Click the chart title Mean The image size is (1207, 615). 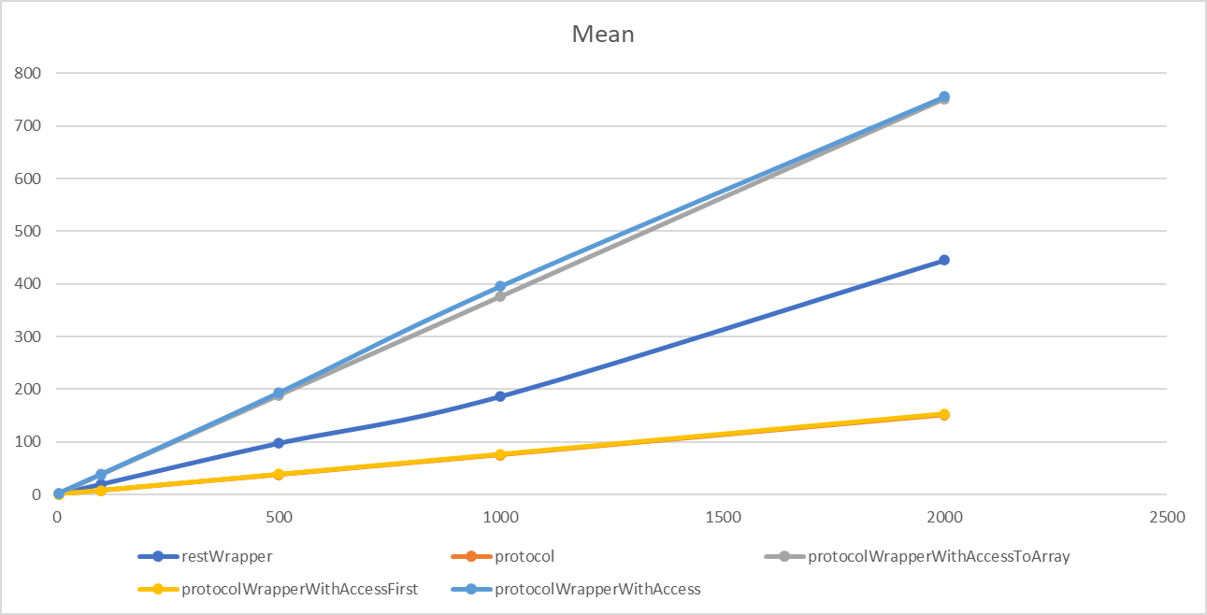[603, 36]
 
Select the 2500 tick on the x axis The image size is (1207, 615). [1166, 517]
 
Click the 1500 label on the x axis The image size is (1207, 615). [723, 517]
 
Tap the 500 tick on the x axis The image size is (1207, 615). [279, 517]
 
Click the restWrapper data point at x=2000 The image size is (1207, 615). [943, 260]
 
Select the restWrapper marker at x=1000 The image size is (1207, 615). [500, 396]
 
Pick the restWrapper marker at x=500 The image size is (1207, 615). [279, 443]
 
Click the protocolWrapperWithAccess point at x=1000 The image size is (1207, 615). [500, 286]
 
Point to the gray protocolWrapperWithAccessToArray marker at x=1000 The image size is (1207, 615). [500, 296]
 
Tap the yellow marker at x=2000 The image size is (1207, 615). [943, 414]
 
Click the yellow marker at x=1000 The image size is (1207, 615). [500, 454]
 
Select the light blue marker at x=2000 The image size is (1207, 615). [943, 96]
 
